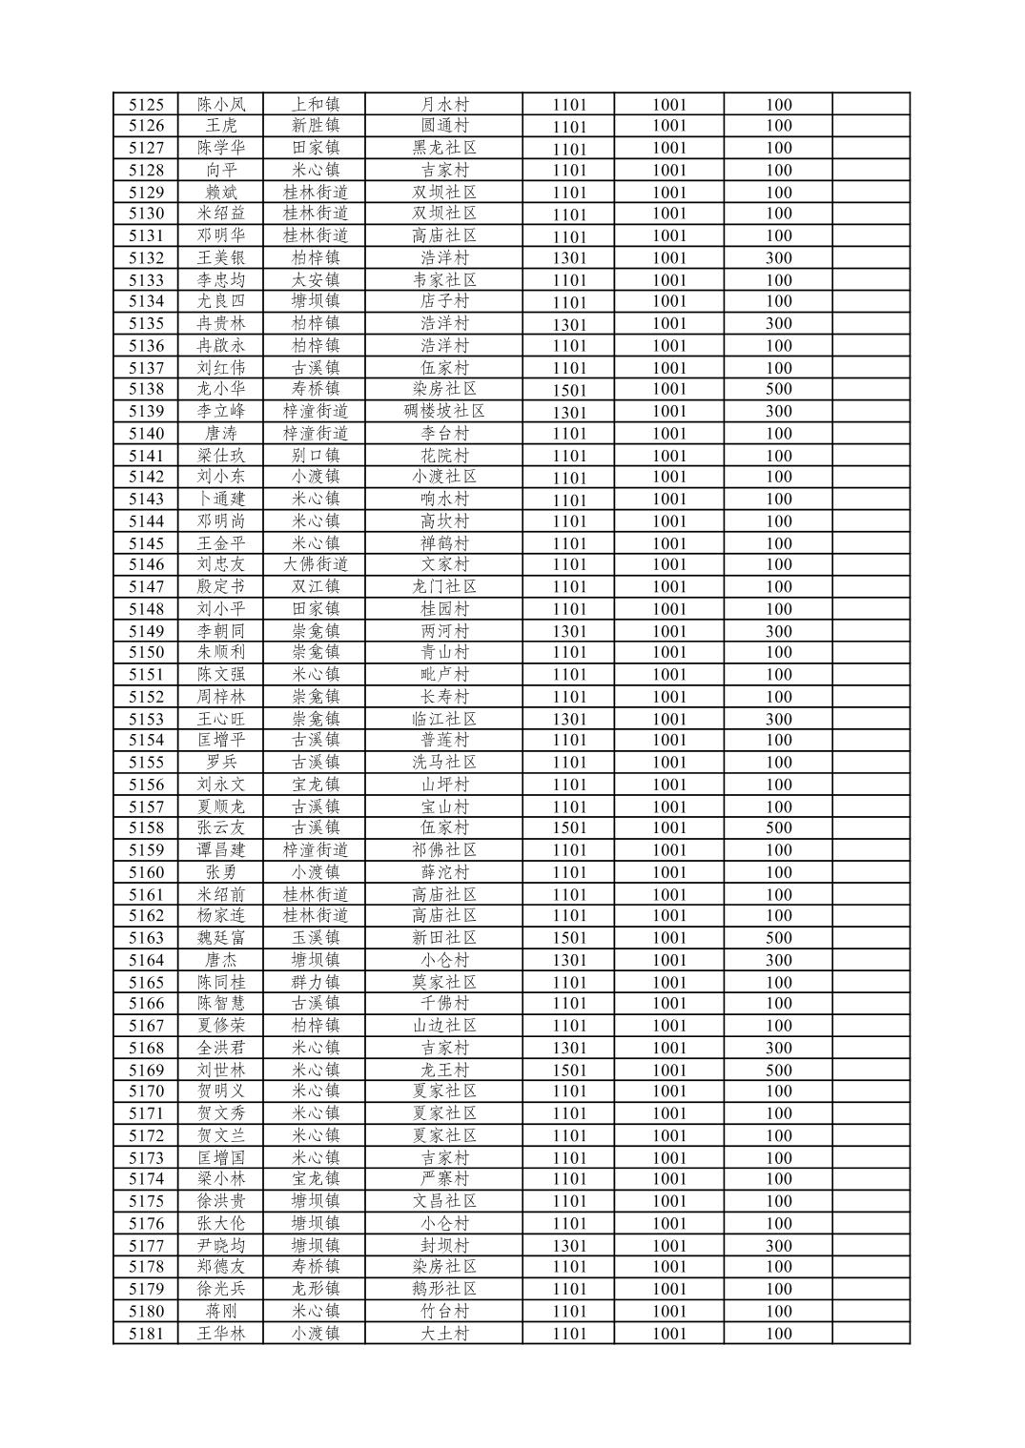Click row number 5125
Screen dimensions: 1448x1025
pos(146,105)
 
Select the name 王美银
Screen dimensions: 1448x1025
pos(221,258)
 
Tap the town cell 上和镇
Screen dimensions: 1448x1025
pos(316,105)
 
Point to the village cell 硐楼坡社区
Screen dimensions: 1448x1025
pos(444,412)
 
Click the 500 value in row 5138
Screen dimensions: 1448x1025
pos(778,389)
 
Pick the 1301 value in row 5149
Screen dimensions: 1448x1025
pos(569,631)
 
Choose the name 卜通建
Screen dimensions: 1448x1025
pos(221,500)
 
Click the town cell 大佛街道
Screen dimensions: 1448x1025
pos(316,564)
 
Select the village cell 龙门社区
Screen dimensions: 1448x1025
pos(444,587)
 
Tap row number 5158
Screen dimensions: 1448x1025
pos(146,827)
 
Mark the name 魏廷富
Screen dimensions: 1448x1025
pos(221,938)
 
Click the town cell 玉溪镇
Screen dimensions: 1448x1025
pos(316,938)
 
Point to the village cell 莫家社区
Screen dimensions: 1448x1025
pos(444,982)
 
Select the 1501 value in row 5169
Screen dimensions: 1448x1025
pos(569,1070)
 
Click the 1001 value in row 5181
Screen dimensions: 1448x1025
pos(669,1334)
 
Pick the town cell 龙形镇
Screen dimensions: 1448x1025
pos(316,1289)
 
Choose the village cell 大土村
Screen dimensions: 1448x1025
pos(444,1334)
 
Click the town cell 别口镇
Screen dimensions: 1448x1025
pos(316,456)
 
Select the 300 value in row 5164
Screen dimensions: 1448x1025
pos(778,960)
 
